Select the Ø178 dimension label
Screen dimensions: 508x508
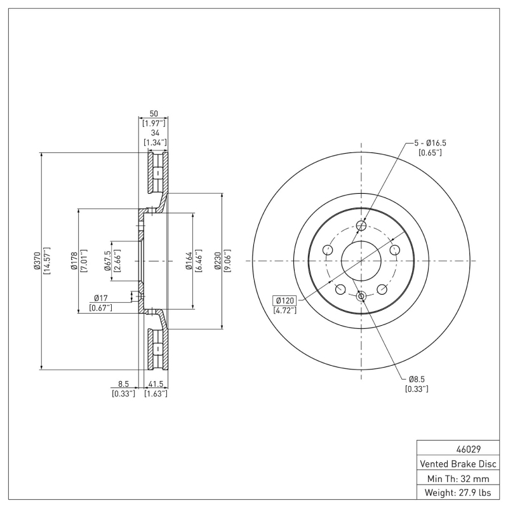point(74,260)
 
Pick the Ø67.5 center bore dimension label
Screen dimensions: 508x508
point(107,260)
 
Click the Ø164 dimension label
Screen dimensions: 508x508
point(189,260)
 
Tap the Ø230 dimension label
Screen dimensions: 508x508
point(217,260)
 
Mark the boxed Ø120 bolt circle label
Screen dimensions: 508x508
point(284,300)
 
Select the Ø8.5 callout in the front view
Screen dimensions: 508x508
point(417,379)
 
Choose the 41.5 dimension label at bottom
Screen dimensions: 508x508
point(156,384)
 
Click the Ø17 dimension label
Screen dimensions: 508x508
point(102,297)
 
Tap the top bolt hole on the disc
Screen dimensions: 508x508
point(361,225)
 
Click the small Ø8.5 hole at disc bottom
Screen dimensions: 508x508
point(361,297)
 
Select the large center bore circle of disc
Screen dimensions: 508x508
point(361,261)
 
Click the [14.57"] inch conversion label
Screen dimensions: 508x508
point(47,260)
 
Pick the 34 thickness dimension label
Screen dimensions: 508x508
point(154,132)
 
